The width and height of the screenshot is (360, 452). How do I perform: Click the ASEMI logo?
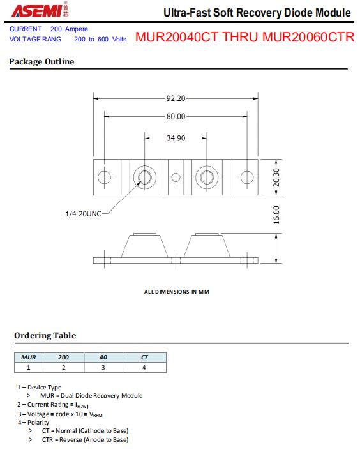tap(40, 10)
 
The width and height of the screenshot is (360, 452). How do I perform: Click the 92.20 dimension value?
tap(176, 98)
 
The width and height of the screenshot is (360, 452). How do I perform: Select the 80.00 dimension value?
tap(176, 116)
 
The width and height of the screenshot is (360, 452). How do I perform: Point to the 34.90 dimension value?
tap(176, 138)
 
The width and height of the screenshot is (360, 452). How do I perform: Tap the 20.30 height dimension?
tap(276, 177)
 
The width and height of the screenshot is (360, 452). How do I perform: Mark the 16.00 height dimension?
tap(276, 215)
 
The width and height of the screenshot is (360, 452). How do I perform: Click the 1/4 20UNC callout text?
tap(84, 214)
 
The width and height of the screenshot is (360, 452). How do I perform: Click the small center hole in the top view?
tap(176, 177)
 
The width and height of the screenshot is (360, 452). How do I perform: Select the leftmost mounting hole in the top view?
tap(104, 177)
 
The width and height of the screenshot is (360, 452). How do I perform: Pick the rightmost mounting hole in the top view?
tap(247, 177)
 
